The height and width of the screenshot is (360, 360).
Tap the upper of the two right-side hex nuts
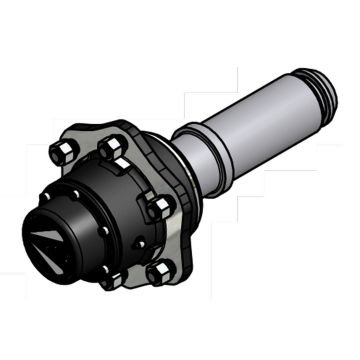159,207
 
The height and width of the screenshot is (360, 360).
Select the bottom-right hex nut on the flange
157,272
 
